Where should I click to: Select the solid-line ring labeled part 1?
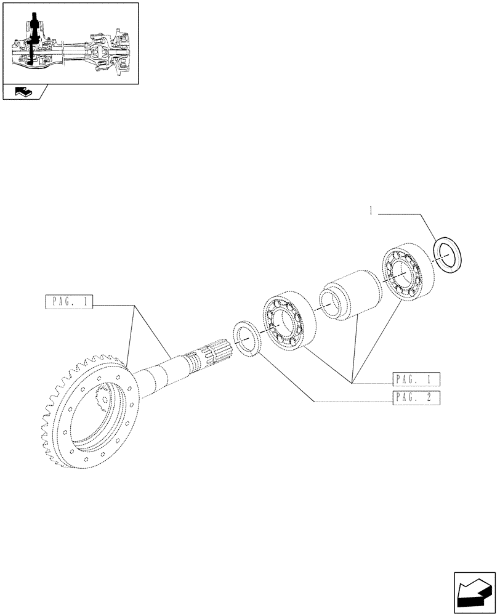(448, 253)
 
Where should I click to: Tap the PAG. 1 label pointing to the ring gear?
(68, 302)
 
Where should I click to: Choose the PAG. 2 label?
(415, 397)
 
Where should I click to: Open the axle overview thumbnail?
(69, 43)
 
